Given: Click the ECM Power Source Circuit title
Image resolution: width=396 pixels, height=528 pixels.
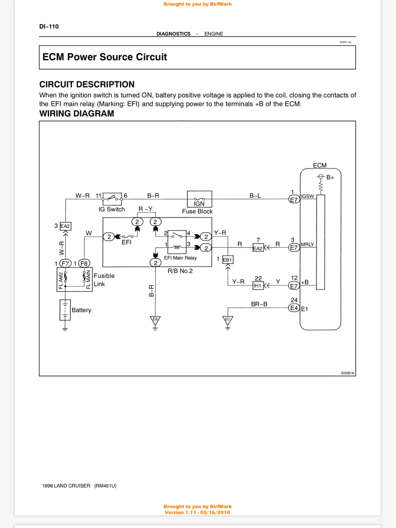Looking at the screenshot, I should point(105,57).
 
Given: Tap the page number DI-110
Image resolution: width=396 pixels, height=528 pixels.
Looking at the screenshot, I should point(49,26).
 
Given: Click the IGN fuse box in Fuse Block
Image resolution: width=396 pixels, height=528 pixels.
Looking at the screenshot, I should point(199,199).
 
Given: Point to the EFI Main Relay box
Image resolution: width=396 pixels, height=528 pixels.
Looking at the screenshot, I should point(177,242).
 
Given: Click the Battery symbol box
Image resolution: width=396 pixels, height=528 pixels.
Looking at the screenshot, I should point(65,310).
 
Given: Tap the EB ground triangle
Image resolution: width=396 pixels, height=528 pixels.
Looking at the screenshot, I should point(155,320).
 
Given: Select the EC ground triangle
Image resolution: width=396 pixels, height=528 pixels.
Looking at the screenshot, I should point(228,320).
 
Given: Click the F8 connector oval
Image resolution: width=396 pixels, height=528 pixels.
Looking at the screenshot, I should point(84,263).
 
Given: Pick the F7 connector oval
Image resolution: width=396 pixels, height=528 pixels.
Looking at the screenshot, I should point(65,263).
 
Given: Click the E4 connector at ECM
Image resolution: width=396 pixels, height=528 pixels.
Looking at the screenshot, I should point(294,308).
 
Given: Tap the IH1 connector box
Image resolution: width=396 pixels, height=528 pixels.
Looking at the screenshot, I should point(258,286).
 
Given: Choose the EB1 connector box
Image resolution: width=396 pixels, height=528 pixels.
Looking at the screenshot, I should point(227,260).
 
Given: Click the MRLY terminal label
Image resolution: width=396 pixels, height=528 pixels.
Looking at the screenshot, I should point(307,244).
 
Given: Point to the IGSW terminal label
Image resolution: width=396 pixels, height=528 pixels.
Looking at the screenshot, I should point(307,196).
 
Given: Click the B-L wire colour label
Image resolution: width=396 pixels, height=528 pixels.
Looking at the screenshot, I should point(255,196).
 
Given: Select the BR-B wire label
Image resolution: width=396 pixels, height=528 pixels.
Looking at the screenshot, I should point(259,304).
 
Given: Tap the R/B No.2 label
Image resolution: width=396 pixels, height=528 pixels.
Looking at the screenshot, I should point(180,271).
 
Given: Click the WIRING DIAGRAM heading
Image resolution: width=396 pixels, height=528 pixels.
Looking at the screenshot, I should point(76,114).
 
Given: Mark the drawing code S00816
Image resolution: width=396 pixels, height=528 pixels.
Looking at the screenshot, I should point(347,373).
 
